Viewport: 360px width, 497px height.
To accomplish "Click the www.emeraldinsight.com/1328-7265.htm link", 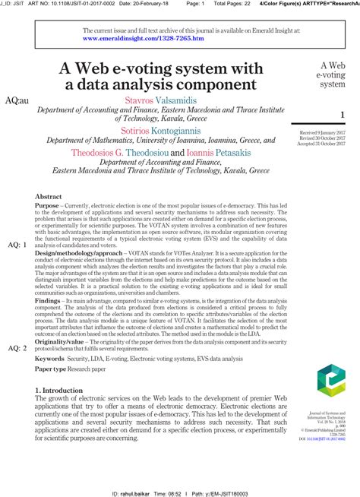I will click(143, 36).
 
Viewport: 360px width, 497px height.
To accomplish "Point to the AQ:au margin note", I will click(17, 100).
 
